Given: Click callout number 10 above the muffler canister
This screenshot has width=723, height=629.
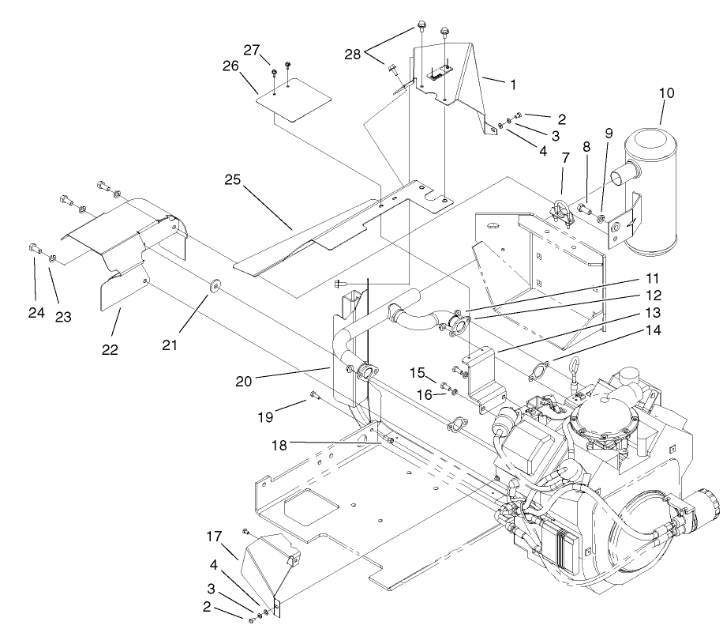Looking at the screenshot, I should click(x=666, y=93).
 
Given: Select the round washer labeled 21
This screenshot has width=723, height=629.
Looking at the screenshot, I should click(x=214, y=284).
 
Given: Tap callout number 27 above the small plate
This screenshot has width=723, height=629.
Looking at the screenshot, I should click(x=251, y=49).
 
